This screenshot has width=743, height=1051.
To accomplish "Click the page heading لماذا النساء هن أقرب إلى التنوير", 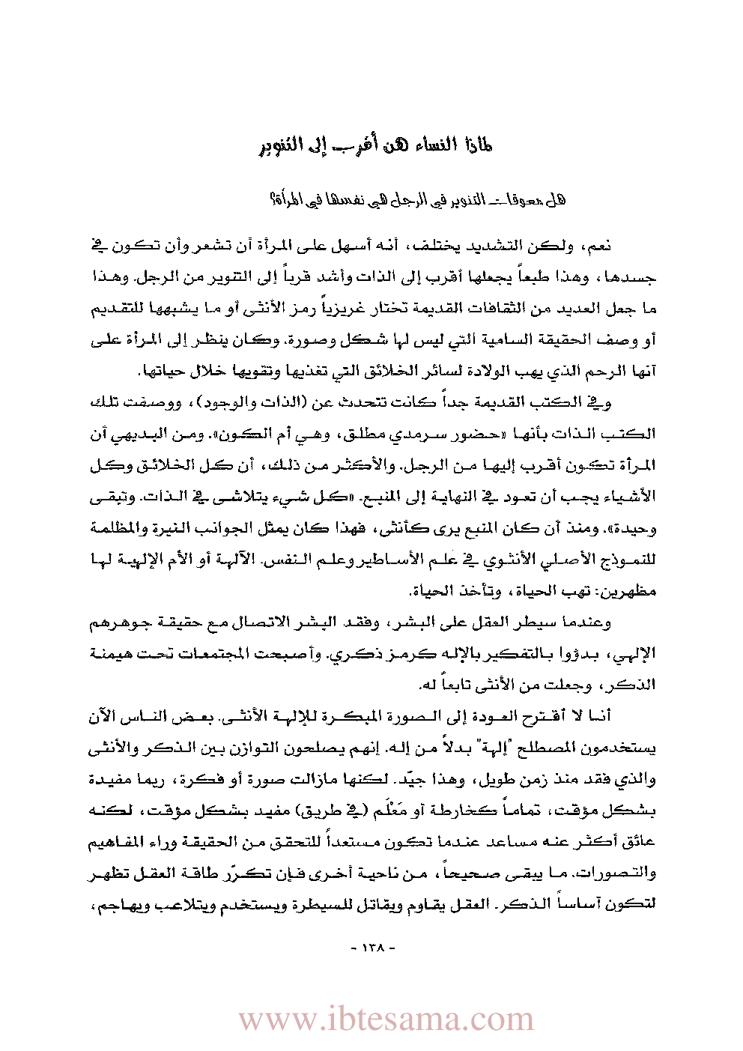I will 371,145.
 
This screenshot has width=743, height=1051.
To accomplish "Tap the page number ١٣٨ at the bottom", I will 372,947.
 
